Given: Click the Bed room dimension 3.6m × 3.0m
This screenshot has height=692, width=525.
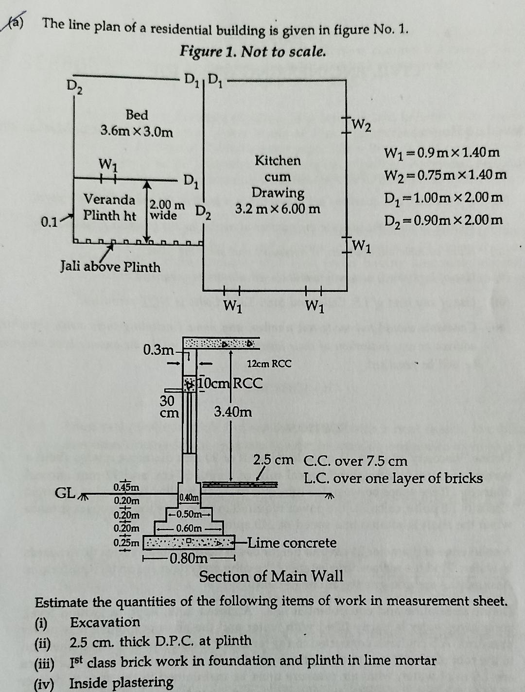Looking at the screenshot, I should tap(137, 132).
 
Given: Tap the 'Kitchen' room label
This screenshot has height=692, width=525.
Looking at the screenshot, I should tap(278, 160).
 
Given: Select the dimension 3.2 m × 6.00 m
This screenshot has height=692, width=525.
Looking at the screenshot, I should tap(278, 209).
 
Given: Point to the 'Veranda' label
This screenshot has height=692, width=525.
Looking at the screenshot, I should tap(109, 200).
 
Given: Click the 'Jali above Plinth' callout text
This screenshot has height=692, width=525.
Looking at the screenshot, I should tap(110, 267).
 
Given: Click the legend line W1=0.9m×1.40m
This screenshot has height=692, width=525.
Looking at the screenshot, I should tap(441, 153).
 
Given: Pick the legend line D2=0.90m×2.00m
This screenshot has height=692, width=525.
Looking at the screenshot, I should tap(443, 220).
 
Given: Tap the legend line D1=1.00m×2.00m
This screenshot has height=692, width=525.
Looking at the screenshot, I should tap(443, 198).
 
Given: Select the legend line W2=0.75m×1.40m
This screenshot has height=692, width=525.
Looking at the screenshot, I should tap(445, 175).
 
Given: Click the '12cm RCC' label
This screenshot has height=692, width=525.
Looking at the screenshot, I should tap(269, 363).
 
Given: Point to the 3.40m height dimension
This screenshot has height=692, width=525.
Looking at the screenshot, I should tap(233, 412).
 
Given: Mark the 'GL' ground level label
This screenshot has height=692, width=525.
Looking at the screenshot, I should tap(65, 493).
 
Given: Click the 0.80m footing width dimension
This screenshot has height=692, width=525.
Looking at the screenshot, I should tap(189, 558).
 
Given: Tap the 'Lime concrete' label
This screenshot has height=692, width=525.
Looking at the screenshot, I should tap(292, 543).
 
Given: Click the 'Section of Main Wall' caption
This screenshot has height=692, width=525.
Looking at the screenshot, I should tap(271, 577).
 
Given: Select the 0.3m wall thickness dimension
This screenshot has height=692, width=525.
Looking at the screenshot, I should tap(159, 349).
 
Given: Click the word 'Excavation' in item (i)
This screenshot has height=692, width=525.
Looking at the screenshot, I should tap(105, 623).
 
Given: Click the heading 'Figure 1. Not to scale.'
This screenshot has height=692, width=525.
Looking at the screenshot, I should tap(253, 52).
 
